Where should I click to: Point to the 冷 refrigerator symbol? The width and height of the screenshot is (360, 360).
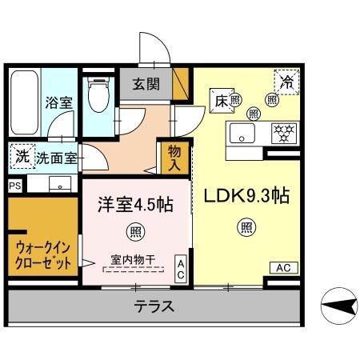click(286, 79)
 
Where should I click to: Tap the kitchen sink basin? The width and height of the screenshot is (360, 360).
click(242, 133)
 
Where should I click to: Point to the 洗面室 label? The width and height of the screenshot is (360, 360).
click(58, 158)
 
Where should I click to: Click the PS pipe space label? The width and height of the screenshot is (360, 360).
click(14, 186)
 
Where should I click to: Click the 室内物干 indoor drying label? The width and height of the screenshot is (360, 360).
click(132, 260)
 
